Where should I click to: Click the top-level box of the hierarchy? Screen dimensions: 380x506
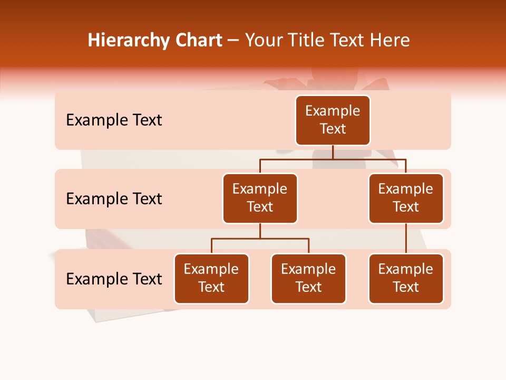point(333,120)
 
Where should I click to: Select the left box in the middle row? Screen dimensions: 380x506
point(260,198)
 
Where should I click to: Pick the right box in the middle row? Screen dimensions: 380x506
point(406,198)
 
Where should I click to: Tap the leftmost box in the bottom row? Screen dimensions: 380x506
point(211,279)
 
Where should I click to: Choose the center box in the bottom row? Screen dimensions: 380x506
point(308,279)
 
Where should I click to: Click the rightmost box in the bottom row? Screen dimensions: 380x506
point(406,279)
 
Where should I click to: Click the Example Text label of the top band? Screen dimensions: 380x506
point(114,120)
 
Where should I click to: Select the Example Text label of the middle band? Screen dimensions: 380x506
point(114,199)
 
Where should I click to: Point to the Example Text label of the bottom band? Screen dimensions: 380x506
point(114,279)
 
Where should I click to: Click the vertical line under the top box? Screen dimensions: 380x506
point(333,152)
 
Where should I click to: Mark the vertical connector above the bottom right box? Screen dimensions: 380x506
point(406,239)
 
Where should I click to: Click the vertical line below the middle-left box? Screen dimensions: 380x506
point(260,231)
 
